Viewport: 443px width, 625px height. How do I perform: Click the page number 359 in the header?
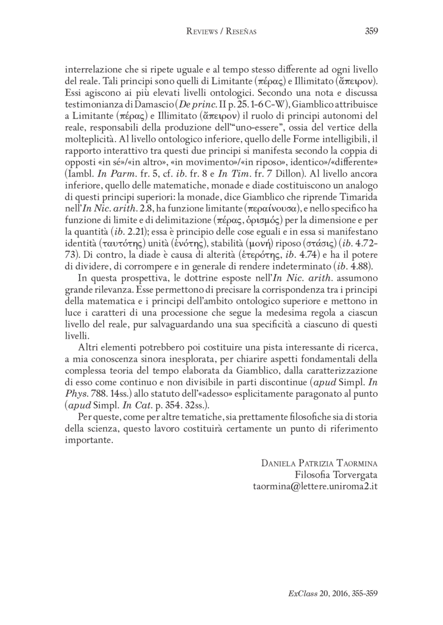tap(371, 32)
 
